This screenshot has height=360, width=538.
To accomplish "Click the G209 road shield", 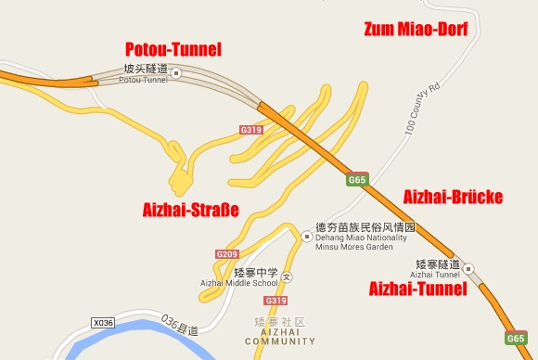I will [x=227, y=254].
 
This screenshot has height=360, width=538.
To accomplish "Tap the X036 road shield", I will [x=104, y=321].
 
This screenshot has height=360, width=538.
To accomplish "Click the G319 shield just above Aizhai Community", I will [x=275, y=301].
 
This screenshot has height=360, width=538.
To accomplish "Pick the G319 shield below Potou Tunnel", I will [x=250, y=130].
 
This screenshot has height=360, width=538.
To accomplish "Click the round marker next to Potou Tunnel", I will [x=176, y=71].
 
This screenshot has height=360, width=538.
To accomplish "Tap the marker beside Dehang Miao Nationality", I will [x=307, y=236].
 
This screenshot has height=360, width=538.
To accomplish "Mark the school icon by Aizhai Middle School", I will [x=287, y=276].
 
